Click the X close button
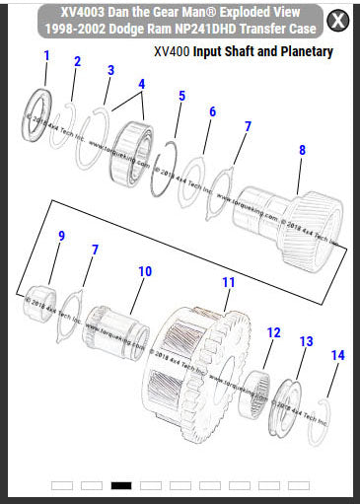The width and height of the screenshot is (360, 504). (x=337, y=20)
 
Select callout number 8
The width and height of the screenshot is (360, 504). (x=302, y=149)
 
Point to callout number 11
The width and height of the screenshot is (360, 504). (x=228, y=282)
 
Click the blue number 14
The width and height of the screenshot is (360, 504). (x=337, y=355)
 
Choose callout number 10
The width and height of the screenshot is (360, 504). (x=145, y=270)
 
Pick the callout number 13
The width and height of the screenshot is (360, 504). (x=306, y=341)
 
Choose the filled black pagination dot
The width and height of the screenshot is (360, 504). (x=121, y=485)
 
